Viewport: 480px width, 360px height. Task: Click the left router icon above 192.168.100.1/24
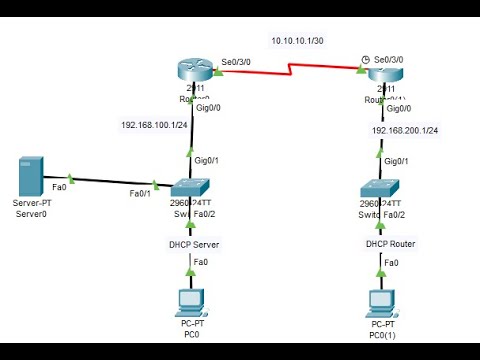click(x=190, y=71)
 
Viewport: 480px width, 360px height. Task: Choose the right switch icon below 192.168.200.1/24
click(x=382, y=190)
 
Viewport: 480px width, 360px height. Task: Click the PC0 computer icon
click(x=189, y=301)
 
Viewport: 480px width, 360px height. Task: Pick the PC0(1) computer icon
click(x=382, y=301)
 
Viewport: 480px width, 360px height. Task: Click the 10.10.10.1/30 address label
click(x=298, y=41)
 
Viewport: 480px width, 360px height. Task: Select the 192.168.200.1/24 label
click(x=405, y=130)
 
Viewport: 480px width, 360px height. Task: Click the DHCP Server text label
click(x=193, y=244)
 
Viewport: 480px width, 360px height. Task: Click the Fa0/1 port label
click(x=142, y=193)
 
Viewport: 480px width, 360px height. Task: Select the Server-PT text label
click(x=33, y=203)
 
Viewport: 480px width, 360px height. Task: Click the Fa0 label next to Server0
click(x=60, y=185)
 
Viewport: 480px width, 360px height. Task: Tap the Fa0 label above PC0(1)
click(x=391, y=263)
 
